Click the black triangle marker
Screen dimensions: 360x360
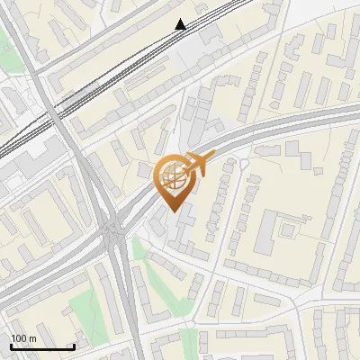[x=181, y=24]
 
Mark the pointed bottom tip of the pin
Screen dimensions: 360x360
[x=173, y=211]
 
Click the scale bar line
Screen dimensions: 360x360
[x=41, y=347]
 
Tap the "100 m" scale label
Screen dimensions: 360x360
[x=23, y=338]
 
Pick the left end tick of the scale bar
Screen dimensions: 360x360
[x=10, y=346]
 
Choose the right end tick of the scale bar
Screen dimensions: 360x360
[x=74, y=346]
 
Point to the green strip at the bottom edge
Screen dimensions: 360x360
[x=188, y=343]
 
